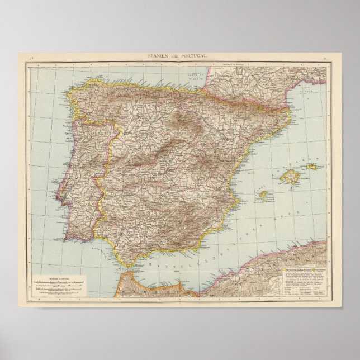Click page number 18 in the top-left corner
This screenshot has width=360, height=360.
(x=32, y=58)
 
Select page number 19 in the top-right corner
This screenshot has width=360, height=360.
(x=325, y=58)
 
